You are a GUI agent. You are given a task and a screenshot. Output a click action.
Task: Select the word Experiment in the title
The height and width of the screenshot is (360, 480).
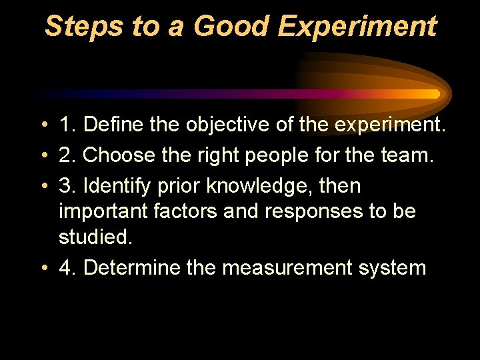pyautogui.click(x=357, y=27)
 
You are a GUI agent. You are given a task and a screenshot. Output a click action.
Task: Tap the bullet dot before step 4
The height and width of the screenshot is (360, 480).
pyautogui.click(x=42, y=269)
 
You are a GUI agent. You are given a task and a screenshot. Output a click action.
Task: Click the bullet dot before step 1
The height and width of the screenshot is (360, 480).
pyautogui.click(x=42, y=125)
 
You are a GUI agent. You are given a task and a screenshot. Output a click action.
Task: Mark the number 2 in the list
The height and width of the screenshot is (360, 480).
pyautogui.click(x=66, y=155)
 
